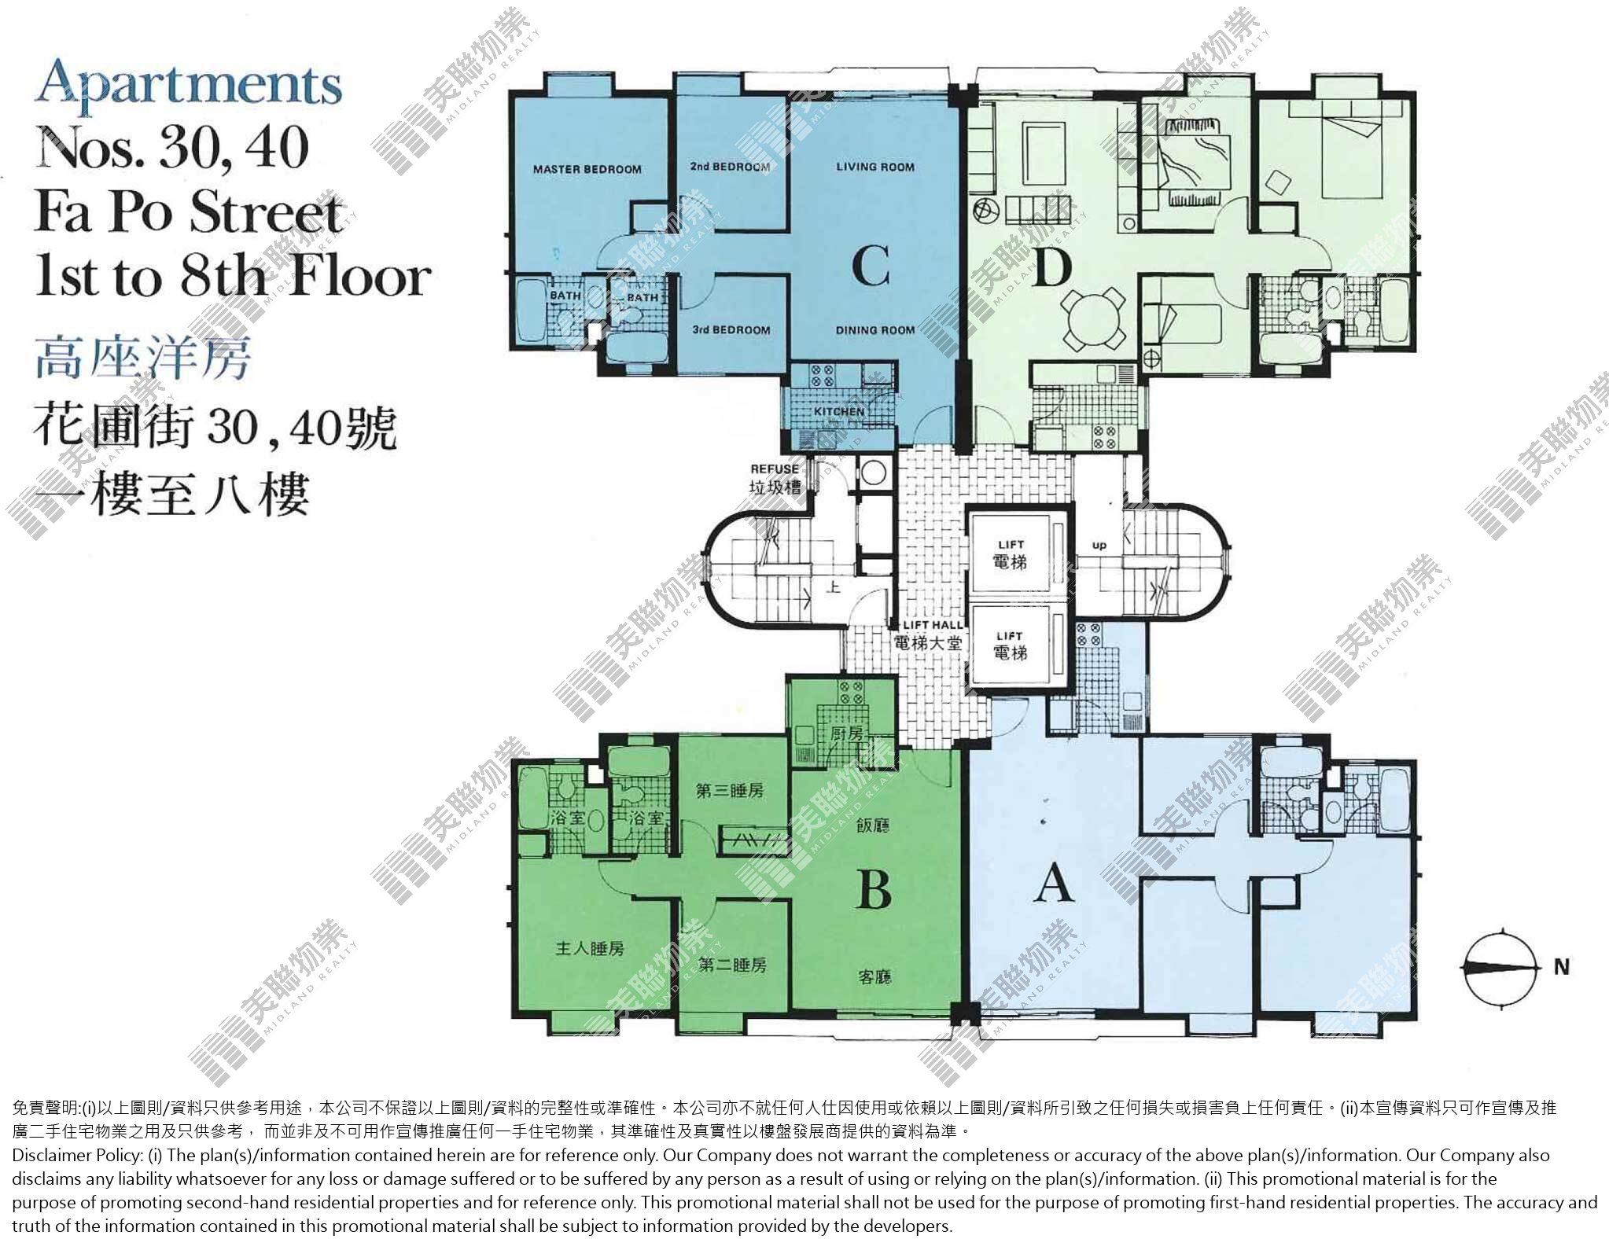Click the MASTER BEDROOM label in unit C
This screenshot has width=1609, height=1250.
587,169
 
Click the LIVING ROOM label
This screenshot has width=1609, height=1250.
875,167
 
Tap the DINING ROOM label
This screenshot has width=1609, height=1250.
875,330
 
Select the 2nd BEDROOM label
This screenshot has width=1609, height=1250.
730,167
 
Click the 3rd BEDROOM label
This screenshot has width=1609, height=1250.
731,330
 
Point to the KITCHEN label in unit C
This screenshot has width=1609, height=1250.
839,411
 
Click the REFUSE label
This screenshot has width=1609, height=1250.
775,469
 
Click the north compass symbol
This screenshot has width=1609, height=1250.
1499,967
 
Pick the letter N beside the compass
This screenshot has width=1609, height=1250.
1562,968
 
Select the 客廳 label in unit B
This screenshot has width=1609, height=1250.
874,977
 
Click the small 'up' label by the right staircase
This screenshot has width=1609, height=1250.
1099,545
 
